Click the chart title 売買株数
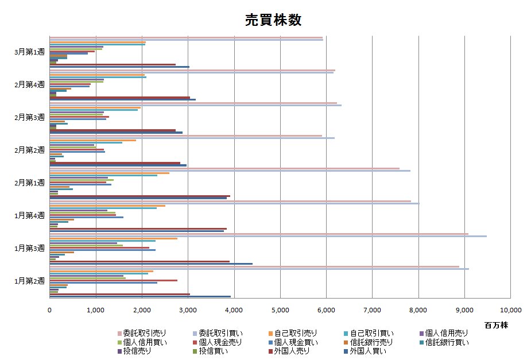265,20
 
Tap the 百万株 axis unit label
496,325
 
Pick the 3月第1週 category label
29,52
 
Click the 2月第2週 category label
29,150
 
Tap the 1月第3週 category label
29,248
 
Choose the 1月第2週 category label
29,281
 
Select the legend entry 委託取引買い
219,333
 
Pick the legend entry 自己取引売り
295,333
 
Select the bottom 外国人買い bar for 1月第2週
140,296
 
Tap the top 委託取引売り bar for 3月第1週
186,37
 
